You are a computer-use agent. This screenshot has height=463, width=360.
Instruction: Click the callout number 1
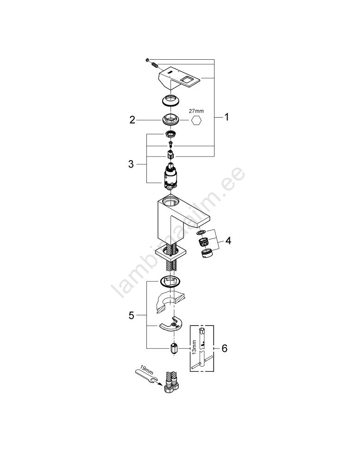(227, 117)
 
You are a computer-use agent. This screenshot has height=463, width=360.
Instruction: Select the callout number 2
(132, 120)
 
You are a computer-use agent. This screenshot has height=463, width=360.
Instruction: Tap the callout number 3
(131, 164)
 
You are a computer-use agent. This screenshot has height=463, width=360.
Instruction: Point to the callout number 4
(228, 241)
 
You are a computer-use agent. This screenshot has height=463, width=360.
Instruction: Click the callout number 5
(131, 315)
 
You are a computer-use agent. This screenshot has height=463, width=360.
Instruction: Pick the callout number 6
(224, 349)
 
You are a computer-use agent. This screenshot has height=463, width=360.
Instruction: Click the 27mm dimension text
(196, 111)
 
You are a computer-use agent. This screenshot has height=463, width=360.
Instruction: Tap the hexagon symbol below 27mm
(196, 120)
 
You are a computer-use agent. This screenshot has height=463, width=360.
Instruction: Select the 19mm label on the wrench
(145, 369)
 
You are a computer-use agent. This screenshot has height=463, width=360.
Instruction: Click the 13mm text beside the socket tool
(194, 348)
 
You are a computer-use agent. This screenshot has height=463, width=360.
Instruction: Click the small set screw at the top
(147, 60)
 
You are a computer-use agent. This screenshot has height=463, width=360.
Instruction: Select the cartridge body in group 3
(170, 176)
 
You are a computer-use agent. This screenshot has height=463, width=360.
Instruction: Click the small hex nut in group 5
(174, 349)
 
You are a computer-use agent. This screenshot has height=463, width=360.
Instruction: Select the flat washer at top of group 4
(201, 225)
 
